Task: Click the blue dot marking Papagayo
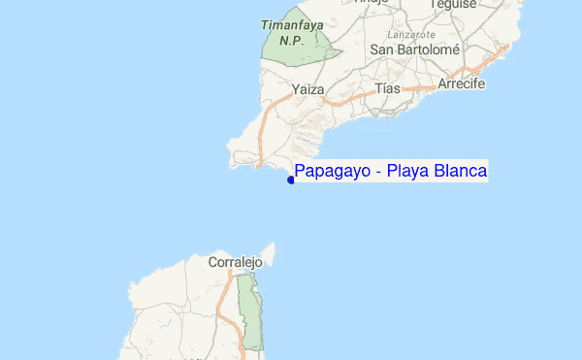(291, 180)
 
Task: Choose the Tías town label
(387, 88)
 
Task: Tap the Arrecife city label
(462, 83)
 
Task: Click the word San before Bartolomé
(381, 49)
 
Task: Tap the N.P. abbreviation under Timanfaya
(292, 41)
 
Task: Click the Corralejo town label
(236, 262)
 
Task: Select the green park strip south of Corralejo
(252, 311)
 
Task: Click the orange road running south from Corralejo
(226, 301)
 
